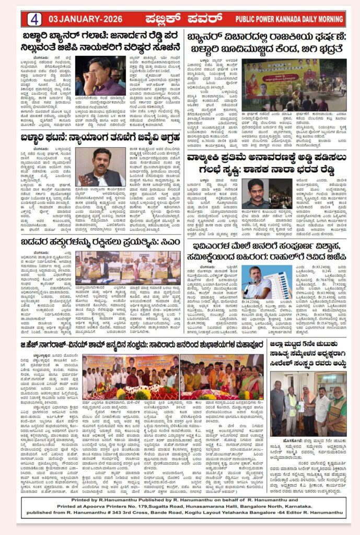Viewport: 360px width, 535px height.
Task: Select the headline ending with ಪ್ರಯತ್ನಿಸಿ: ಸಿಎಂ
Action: click(x=101, y=242)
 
